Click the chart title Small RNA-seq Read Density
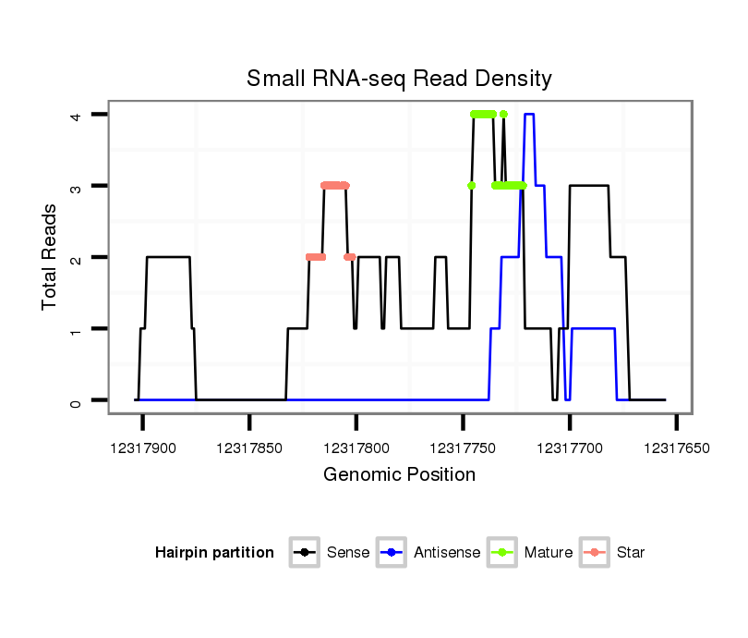click(x=399, y=79)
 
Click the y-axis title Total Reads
click(x=50, y=256)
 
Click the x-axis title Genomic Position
click(x=399, y=475)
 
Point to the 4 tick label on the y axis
click(x=77, y=115)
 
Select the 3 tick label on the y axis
click(x=77, y=186)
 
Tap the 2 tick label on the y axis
click(x=77, y=257)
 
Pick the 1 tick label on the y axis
click(x=77, y=329)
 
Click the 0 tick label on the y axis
click(x=77, y=400)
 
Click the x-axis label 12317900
click(x=143, y=448)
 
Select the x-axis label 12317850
click(x=249, y=448)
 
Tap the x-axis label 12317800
click(x=356, y=448)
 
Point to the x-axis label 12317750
click(x=463, y=448)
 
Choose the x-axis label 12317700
click(x=570, y=448)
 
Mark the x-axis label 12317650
click(x=676, y=448)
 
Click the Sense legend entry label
click(x=348, y=553)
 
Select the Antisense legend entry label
click(x=446, y=553)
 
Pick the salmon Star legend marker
click(x=596, y=553)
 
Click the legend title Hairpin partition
click(x=214, y=553)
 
